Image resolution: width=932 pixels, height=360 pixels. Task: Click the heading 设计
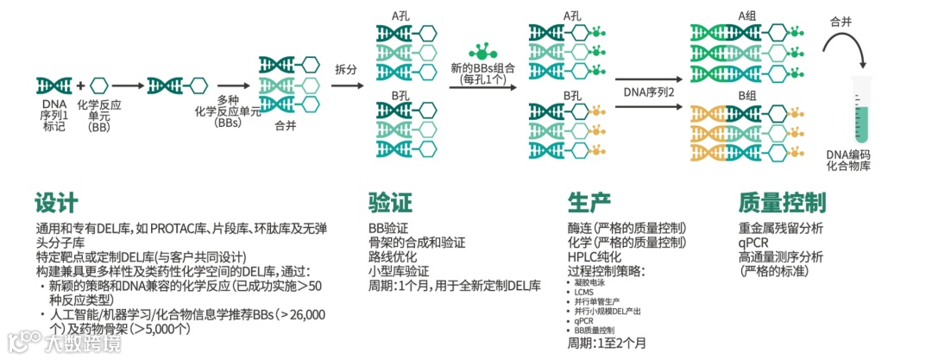56,203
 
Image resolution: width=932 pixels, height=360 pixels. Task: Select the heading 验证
390,203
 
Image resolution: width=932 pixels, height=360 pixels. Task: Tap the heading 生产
589,203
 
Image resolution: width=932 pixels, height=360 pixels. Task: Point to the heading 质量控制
782,203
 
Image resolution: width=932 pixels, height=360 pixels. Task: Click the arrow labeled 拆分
345,85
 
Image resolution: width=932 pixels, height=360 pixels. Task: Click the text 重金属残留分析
780,229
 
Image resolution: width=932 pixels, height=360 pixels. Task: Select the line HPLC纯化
594,256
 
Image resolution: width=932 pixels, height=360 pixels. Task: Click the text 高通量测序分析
780,256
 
